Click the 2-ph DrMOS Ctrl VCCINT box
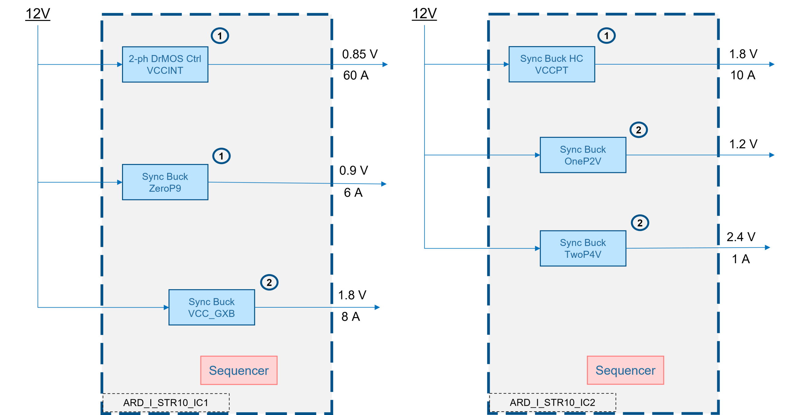point(165,65)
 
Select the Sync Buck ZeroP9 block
point(165,182)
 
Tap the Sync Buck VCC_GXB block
point(212,307)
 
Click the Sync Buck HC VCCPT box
point(552,64)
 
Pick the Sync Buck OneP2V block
point(583,155)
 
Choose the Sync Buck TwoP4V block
point(583,248)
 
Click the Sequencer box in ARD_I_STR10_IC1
point(239,370)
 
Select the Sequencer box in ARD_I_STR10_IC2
point(625,370)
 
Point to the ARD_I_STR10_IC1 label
point(166,403)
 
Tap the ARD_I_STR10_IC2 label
point(552,402)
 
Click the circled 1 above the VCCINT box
point(220,36)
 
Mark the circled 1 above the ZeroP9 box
point(221,156)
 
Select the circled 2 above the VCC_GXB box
point(269,282)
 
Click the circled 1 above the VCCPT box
point(606,36)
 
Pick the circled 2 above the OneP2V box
point(639,130)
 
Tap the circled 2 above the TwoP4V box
point(640,223)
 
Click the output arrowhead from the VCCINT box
point(385,65)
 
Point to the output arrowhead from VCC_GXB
point(378,307)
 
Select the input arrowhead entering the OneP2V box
point(537,155)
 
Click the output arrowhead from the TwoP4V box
point(768,247)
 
